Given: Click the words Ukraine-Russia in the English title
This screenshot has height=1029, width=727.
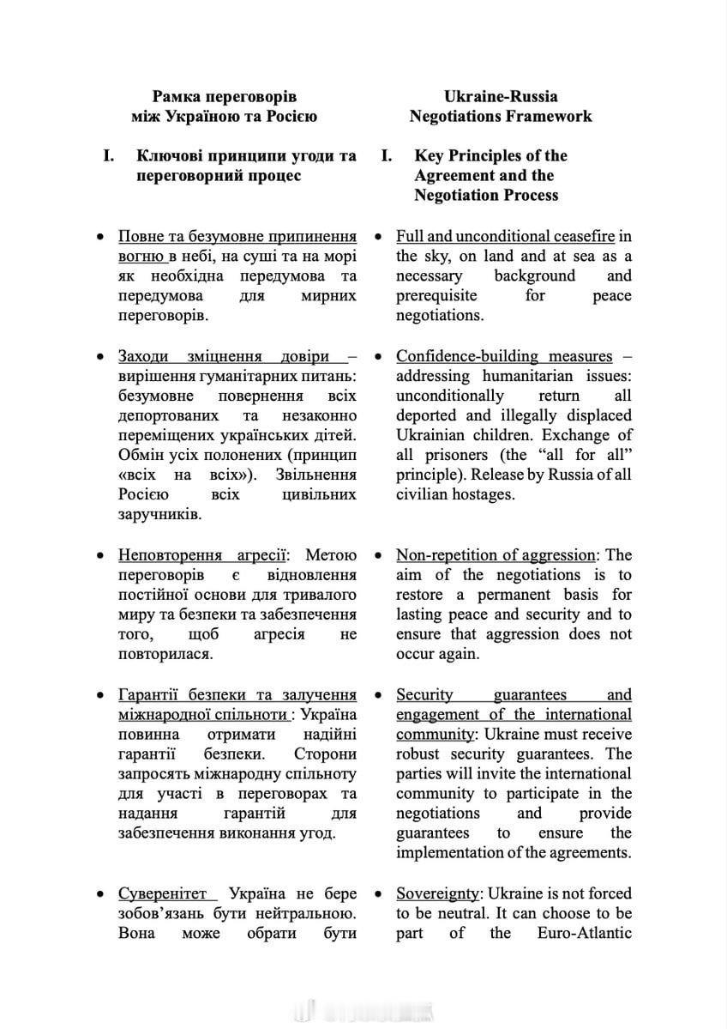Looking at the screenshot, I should click(500, 96).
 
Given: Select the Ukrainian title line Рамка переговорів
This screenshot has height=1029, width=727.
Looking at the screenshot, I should click(225, 96).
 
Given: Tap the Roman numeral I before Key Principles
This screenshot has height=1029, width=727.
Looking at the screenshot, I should click(388, 155).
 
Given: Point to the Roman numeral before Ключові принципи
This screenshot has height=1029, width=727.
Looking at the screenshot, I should click(108, 155).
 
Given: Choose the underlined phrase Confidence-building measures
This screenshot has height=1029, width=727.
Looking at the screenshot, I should click(504, 355).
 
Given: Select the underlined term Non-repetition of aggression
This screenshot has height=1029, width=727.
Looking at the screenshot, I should click(495, 555).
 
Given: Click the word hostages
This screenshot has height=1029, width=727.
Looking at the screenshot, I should click(484, 494).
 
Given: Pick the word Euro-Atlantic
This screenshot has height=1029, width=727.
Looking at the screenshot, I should click(585, 933).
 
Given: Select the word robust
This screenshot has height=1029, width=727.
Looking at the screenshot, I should click(418, 754).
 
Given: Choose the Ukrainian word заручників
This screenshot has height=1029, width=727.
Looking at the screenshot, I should click(159, 514).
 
